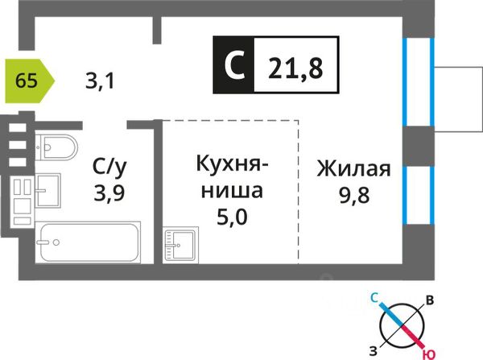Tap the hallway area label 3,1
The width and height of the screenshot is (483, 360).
(99, 80)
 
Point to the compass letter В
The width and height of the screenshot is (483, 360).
(431, 300)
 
